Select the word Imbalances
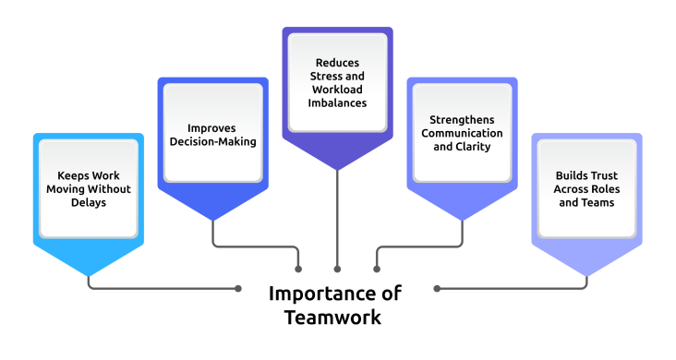click(336, 103)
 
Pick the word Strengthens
click(461, 119)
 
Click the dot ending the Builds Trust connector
click(437, 288)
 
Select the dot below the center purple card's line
click(337, 269)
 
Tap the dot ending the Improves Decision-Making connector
click(298, 269)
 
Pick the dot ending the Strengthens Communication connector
click(376, 269)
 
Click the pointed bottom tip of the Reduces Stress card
click(337, 169)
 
